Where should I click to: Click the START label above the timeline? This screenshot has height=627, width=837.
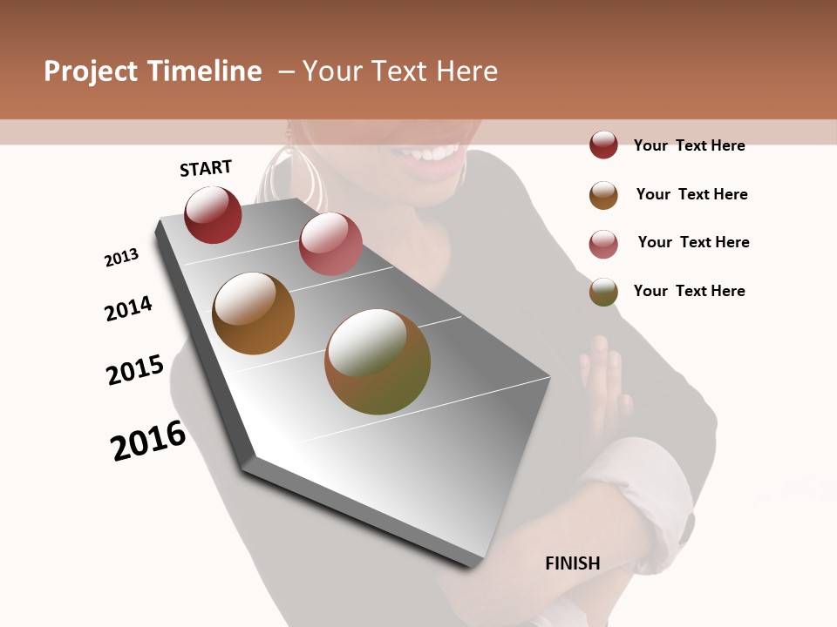(x=206, y=168)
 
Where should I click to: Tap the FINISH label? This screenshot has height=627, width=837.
(x=573, y=563)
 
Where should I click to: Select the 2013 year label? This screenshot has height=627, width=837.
(x=122, y=258)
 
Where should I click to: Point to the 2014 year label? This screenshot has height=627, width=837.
(x=129, y=309)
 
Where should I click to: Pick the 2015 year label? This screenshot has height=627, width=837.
(x=135, y=370)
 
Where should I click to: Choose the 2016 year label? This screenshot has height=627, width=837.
(x=148, y=441)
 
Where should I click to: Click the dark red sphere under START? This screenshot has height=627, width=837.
(x=213, y=215)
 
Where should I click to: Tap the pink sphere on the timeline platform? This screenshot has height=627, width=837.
(x=330, y=244)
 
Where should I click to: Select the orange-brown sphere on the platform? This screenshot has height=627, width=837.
(x=253, y=313)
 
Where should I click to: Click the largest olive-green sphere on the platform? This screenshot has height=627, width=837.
(x=378, y=361)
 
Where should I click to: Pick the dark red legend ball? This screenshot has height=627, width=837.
(x=603, y=145)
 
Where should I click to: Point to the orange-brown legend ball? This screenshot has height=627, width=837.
(x=603, y=195)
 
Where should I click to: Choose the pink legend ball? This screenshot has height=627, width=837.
(x=603, y=244)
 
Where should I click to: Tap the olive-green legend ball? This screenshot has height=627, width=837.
(x=603, y=292)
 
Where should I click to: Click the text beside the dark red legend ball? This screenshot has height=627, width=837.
(x=689, y=145)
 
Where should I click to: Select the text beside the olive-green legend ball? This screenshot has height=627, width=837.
(x=689, y=291)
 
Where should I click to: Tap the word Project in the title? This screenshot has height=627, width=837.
(x=91, y=71)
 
